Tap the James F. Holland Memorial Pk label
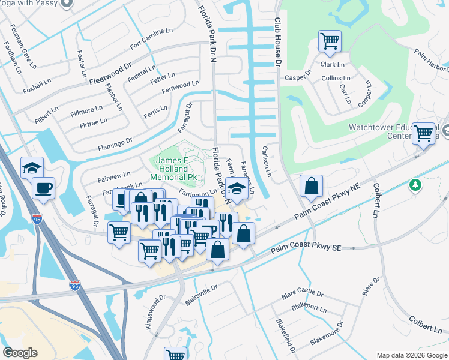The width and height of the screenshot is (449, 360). tap(176, 169)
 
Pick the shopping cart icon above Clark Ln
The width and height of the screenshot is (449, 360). tap(330, 41)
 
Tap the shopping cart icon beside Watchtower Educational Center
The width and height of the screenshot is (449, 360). tap(424, 133)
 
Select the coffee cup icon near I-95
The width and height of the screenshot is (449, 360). tap(43, 188)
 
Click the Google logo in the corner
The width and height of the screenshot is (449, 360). tap(20, 353)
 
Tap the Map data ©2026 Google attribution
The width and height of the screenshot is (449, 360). tap(411, 355)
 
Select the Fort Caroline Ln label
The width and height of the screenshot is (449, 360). tap(150, 44)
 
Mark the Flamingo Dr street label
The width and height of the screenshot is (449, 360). tap(115, 144)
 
